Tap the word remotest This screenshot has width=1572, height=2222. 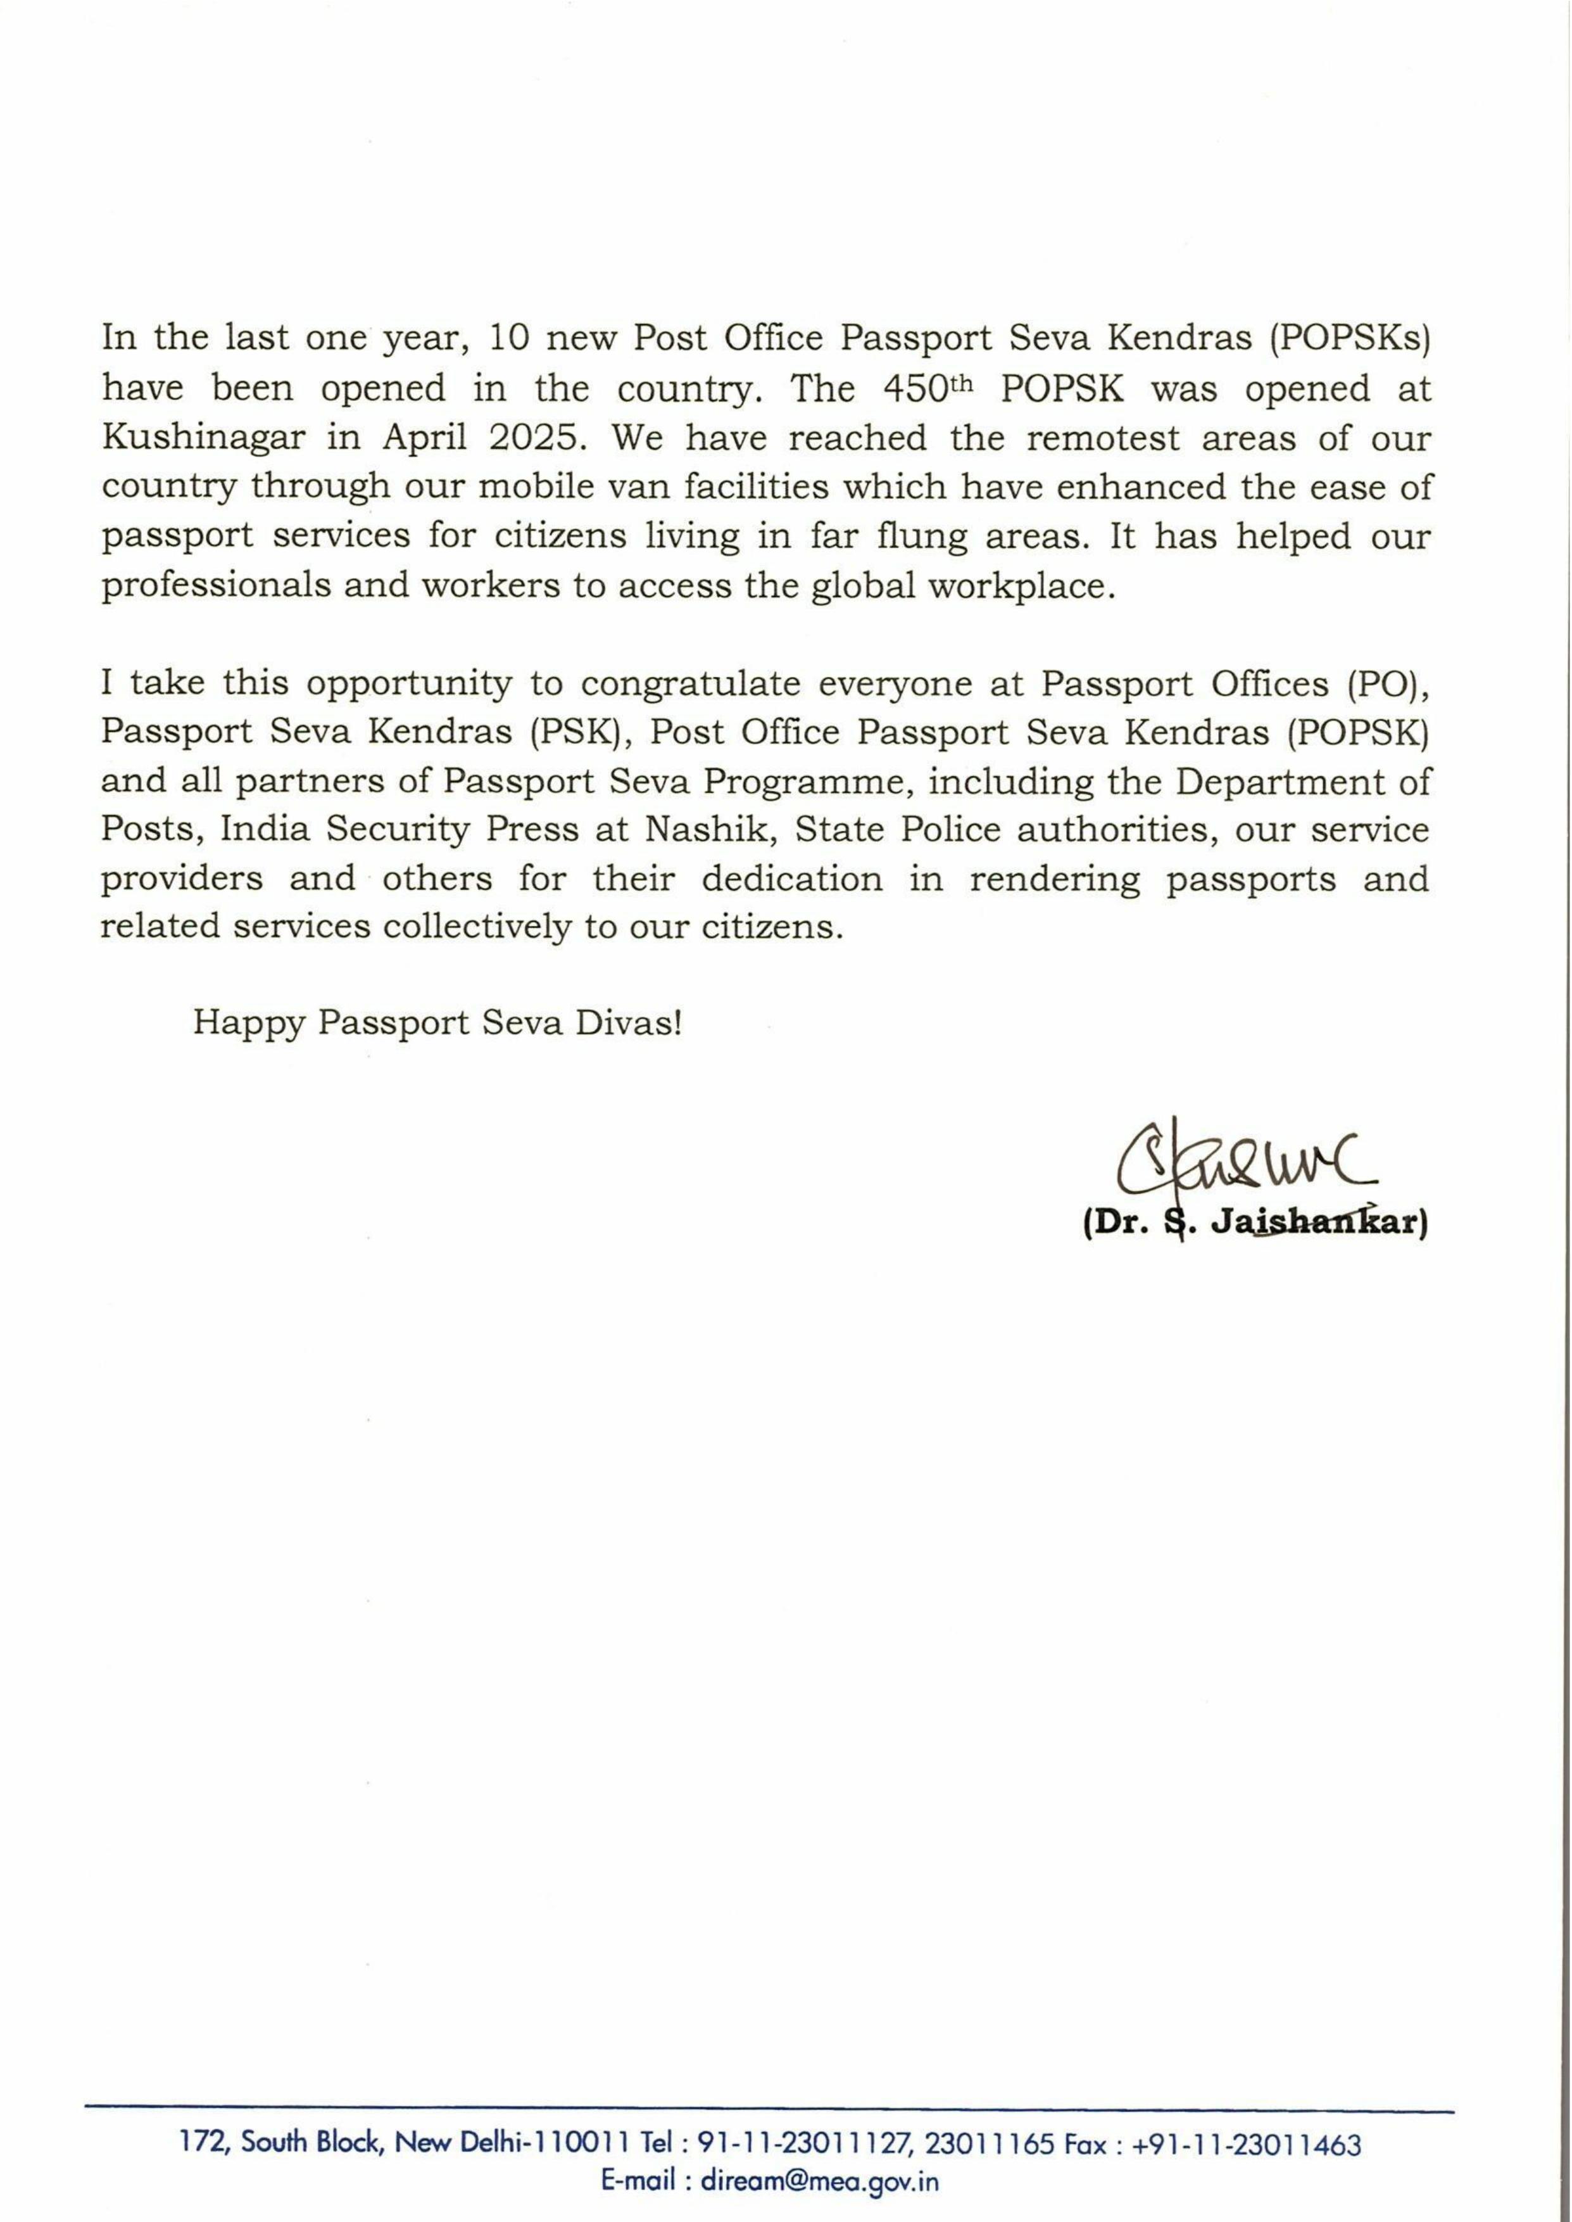click(1102, 438)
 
